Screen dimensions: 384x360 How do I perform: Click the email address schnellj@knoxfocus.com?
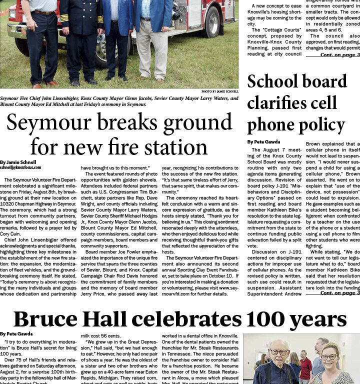pyautogui.click(x=20, y=167)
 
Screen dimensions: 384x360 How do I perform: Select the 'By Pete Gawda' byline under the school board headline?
pyautogui.click(x=264, y=142)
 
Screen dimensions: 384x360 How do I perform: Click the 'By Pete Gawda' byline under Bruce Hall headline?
pyautogui.click(x=17, y=333)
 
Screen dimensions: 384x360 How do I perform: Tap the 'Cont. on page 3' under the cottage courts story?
pyautogui.click(x=339, y=54)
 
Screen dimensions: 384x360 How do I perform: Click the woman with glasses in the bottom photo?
pyautogui.click(x=329, y=365)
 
